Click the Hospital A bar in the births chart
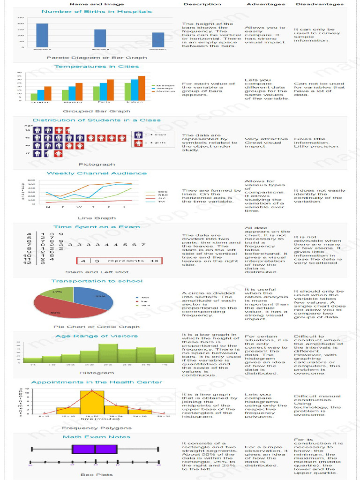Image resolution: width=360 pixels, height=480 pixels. click(x=42, y=35)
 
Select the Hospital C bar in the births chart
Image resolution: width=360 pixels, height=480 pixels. click(x=158, y=40)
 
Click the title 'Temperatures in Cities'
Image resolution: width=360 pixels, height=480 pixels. click(x=97, y=67)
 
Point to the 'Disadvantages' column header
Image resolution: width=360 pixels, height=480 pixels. click(x=319, y=4)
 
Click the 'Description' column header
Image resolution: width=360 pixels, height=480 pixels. click(x=202, y=4)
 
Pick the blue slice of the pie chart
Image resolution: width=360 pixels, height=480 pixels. click(x=94, y=296)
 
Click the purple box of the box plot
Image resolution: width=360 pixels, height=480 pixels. click(x=95, y=449)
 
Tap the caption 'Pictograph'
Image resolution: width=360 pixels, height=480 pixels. click(x=97, y=165)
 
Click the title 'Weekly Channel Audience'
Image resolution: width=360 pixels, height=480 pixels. click(x=97, y=173)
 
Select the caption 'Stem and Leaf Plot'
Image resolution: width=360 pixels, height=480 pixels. click(x=97, y=272)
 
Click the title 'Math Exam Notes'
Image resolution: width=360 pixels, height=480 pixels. click(x=97, y=437)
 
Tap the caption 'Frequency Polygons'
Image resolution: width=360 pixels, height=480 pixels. click(x=97, y=428)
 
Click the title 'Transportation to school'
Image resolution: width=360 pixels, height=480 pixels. click(x=97, y=281)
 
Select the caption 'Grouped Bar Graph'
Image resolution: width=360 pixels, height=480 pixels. click(x=97, y=112)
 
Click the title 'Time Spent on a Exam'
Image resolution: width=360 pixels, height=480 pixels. click(x=97, y=227)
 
